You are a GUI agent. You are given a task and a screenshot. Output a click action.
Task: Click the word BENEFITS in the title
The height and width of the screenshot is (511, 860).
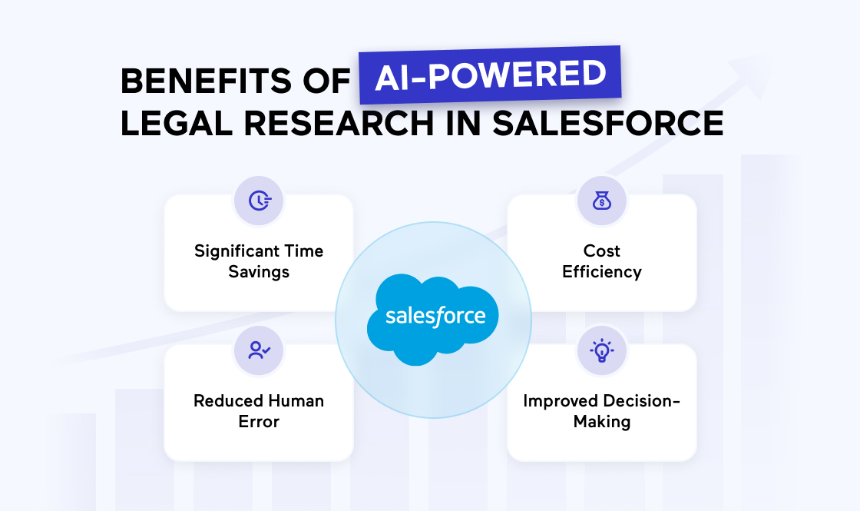pyautogui.click(x=207, y=81)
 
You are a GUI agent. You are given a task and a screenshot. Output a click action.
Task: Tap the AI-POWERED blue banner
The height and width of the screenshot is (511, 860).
pyautogui.click(x=490, y=75)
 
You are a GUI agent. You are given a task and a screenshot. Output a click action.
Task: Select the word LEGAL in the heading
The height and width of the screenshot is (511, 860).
pyautogui.click(x=177, y=123)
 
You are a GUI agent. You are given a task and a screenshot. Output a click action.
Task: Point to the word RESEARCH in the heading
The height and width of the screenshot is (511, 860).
pyautogui.click(x=339, y=123)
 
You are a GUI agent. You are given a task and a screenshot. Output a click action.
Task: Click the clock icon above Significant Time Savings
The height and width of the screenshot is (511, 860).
pyautogui.click(x=259, y=201)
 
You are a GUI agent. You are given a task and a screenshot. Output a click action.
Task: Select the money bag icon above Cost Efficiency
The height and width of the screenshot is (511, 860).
pyautogui.click(x=602, y=201)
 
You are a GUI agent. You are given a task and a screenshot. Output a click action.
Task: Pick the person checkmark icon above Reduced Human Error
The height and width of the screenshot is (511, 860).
pyautogui.click(x=259, y=350)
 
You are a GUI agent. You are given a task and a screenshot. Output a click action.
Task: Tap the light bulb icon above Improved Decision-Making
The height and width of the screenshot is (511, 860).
pyautogui.click(x=602, y=350)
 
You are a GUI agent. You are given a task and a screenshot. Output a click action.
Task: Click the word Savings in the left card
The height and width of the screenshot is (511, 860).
pyautogui.click(x=259, y=272)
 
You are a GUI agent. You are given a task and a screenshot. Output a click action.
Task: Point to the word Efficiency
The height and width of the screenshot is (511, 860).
pyautogui.click(x=602, y=272)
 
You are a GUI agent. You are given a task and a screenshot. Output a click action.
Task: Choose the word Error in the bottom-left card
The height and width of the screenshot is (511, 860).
pyautogui.click(x=259, y=422)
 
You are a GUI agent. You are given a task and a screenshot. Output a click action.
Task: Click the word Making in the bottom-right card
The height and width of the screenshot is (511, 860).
pyautogui.click(x=602, y=422)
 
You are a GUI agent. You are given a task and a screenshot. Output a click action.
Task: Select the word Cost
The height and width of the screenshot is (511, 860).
pyautogui.click(x=602, y=251)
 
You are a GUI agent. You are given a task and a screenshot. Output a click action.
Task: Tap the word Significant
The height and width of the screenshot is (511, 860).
pyautogui.click(x=235, y=251)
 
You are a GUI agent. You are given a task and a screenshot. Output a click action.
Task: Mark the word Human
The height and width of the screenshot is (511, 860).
pyautogui.click(x=296, y=400)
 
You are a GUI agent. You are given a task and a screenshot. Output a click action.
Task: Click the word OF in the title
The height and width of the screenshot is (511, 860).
pyautogui.click(x=326, y=81)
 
